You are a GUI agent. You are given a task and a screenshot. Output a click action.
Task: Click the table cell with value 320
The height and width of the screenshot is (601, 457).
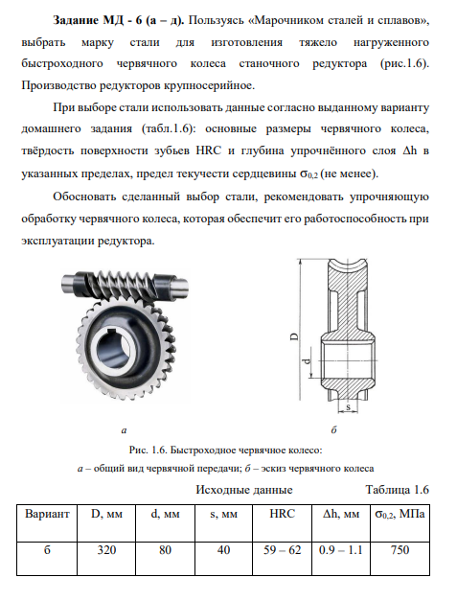(x=106, y=559)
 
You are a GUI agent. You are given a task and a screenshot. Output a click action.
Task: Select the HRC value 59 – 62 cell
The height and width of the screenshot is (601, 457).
(x=282, y=559)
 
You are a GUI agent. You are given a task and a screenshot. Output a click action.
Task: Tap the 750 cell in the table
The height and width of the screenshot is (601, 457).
(x=400, y=559)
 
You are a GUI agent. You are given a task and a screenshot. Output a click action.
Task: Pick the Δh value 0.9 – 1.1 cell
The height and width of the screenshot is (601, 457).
(x=341, y=559)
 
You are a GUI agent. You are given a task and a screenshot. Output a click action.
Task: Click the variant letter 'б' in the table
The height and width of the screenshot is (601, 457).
(x=47, y=550)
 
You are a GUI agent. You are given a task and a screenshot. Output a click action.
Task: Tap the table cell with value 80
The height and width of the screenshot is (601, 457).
(x=165, y=559)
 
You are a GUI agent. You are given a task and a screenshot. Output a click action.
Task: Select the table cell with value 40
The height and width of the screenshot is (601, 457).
(x=224, y=559)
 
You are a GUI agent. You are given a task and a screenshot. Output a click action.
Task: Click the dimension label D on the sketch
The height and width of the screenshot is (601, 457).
(x=294, y=336)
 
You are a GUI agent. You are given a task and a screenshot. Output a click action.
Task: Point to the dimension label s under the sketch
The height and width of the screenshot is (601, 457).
(x=348, y=406)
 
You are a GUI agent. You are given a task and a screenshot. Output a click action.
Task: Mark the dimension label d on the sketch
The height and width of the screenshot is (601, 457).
(x=307, y=361)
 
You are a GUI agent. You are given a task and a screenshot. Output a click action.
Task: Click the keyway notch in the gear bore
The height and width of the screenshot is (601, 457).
(x=111, y=331)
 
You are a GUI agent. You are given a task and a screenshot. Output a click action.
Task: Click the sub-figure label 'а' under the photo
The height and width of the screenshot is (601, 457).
(x=124, y=430)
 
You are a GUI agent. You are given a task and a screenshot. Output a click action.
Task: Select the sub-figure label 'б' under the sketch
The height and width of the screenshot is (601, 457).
(x=333, y=430)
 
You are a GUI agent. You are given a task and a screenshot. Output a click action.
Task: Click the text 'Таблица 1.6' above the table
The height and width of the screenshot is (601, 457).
(x=398, y=490)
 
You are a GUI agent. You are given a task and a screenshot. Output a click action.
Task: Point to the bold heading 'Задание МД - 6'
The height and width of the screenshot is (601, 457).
(x=99, y=20)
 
